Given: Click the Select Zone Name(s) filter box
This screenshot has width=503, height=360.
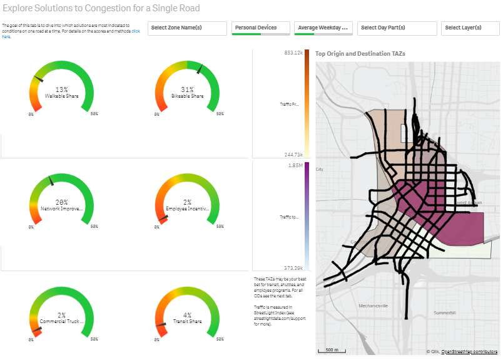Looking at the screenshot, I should coord(187,28).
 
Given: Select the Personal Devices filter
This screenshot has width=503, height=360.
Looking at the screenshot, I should coord(261,28).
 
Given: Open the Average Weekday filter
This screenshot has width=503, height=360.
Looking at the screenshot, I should coord(323,28).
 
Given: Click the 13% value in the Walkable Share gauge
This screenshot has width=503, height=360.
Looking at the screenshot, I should coord(61,90).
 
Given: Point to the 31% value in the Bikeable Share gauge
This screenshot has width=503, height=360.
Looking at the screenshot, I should coord(187,90).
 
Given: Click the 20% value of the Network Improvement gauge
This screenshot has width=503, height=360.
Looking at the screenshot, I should coord(61,202).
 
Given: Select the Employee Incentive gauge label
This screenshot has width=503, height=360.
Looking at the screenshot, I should coord(187,208).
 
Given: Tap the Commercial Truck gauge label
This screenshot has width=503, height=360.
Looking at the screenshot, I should coord(61,321).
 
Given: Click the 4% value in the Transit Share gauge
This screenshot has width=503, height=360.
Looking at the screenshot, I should coord(187,315).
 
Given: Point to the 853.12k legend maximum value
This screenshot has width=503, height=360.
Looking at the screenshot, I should coord(293,53).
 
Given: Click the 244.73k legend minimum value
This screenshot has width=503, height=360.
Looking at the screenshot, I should coord(293,155).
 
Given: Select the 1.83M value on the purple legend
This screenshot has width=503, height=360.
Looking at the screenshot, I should coord(295,165).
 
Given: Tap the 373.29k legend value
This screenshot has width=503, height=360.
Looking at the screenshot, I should coord(293,267).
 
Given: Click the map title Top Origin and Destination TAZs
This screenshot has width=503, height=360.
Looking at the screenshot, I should coord(360,54).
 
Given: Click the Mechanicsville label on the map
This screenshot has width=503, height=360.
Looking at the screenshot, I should coord(373,306).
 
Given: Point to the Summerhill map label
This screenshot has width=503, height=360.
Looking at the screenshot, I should coord(445,312).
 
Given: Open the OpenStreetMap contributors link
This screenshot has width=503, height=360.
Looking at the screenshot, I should coord(469,352).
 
